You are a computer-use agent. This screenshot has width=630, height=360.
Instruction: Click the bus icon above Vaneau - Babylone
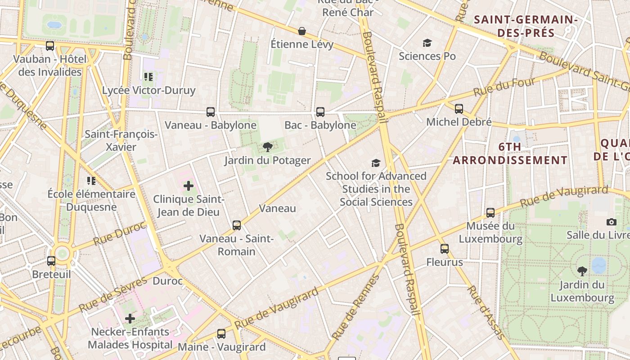[210, 112]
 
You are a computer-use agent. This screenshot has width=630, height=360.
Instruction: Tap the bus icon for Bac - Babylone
[320, 112]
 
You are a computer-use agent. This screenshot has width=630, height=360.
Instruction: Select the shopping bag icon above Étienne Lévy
[302, 31]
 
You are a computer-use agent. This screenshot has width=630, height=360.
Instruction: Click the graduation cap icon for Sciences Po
[427, 43]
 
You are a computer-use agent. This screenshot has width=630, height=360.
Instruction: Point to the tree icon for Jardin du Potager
[268, 147]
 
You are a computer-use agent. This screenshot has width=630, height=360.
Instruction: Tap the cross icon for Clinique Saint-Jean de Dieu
[189, 185]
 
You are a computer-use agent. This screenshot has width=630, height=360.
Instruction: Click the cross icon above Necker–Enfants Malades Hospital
[130, 319]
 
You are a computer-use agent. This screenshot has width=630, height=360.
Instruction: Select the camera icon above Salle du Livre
[611, 222]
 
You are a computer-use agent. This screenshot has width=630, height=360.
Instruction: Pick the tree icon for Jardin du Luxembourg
[582, 271]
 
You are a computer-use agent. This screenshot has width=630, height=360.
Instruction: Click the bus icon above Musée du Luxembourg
[490, 213]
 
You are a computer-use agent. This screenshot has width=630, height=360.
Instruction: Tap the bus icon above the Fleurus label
[445, 249]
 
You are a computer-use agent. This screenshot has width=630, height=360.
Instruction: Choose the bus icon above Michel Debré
[459, 109]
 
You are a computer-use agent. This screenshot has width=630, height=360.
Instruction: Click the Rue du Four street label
[504, 87]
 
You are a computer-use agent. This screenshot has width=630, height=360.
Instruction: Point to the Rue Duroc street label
[120, 233]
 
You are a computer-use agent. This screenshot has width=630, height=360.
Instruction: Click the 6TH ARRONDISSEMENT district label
[510, 153]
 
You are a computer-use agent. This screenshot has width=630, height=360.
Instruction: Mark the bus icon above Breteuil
[51, 261]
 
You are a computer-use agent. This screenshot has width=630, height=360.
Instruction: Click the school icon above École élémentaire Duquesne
[91, 181]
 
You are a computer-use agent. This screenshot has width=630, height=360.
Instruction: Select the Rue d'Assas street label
[485, 312]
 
